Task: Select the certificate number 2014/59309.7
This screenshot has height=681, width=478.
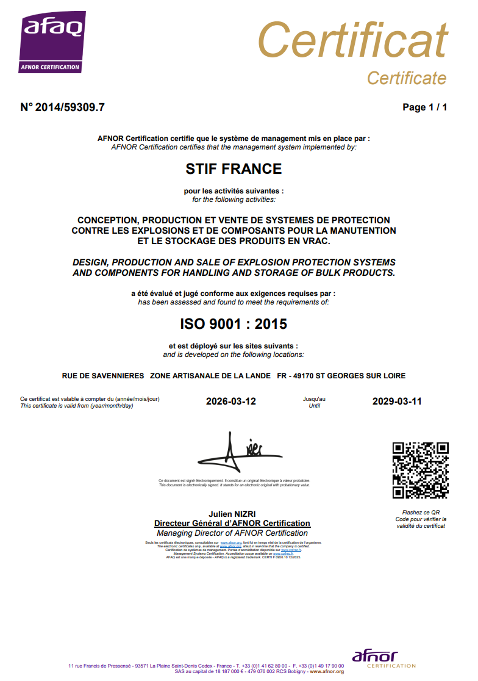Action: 70,107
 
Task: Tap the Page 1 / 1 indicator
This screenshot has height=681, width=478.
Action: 425,107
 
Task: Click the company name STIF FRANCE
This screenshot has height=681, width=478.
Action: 234,168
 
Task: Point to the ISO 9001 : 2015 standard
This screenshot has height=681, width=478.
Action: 234,323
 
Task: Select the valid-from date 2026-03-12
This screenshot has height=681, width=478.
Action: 232,402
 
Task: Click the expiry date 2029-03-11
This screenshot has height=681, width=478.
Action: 397,402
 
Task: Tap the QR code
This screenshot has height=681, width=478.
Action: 421,470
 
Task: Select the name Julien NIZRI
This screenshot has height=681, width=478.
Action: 232,514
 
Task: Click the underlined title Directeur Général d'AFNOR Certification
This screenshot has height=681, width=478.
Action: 232,524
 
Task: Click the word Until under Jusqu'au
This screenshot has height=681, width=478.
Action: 315,406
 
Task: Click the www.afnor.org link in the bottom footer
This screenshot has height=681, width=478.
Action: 327,672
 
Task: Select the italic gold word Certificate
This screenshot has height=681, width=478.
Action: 407,78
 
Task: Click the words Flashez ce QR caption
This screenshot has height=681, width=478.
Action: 421,513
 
